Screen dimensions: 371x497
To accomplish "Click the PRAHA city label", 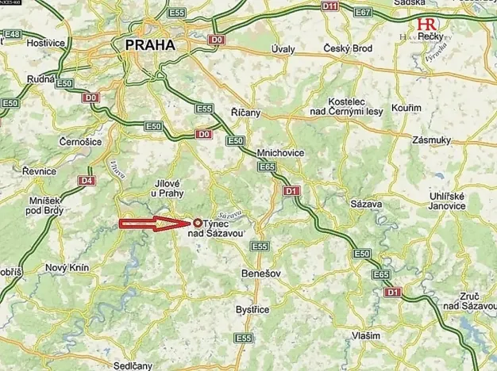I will [149, 46].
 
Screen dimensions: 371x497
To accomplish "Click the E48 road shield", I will [10, 34].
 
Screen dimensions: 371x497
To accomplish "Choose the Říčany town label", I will [245, 113].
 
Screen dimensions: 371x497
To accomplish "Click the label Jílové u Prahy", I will [167, 188].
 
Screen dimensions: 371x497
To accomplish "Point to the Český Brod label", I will [349, 49].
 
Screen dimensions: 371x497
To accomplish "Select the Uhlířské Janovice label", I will [449, 202].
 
